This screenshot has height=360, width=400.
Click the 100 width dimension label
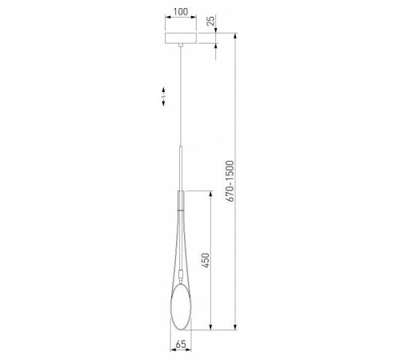pos(181,13)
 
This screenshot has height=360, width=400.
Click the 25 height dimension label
pos(210,22)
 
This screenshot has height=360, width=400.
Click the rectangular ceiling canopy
pos(181,38)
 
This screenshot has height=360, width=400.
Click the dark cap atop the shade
pos(181,198)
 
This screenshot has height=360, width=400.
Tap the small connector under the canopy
pos(181,46)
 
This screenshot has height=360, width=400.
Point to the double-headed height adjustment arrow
pos(163,97)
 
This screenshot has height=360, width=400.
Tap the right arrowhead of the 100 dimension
pos(196,20)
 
